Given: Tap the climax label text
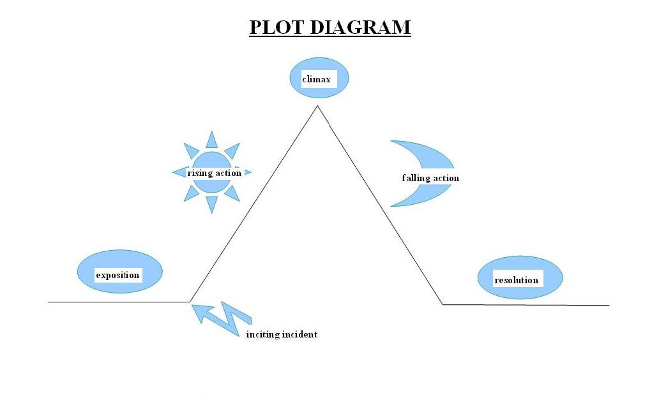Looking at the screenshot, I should click(316, 79).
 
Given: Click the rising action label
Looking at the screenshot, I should click(214, 173).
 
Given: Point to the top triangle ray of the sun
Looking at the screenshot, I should click(211, 140).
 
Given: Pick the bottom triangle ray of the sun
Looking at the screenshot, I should click(212, 204).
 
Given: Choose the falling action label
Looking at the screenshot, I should click(430, 178).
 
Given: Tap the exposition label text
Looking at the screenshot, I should click(117, 276).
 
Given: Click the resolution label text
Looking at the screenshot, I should click(516, 280).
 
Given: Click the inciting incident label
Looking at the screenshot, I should click(282, 334).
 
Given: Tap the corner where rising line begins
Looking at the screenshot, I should click(190, 301).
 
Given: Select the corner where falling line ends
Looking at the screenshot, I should click(443, 304).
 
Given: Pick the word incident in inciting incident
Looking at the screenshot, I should click(299, 334).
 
